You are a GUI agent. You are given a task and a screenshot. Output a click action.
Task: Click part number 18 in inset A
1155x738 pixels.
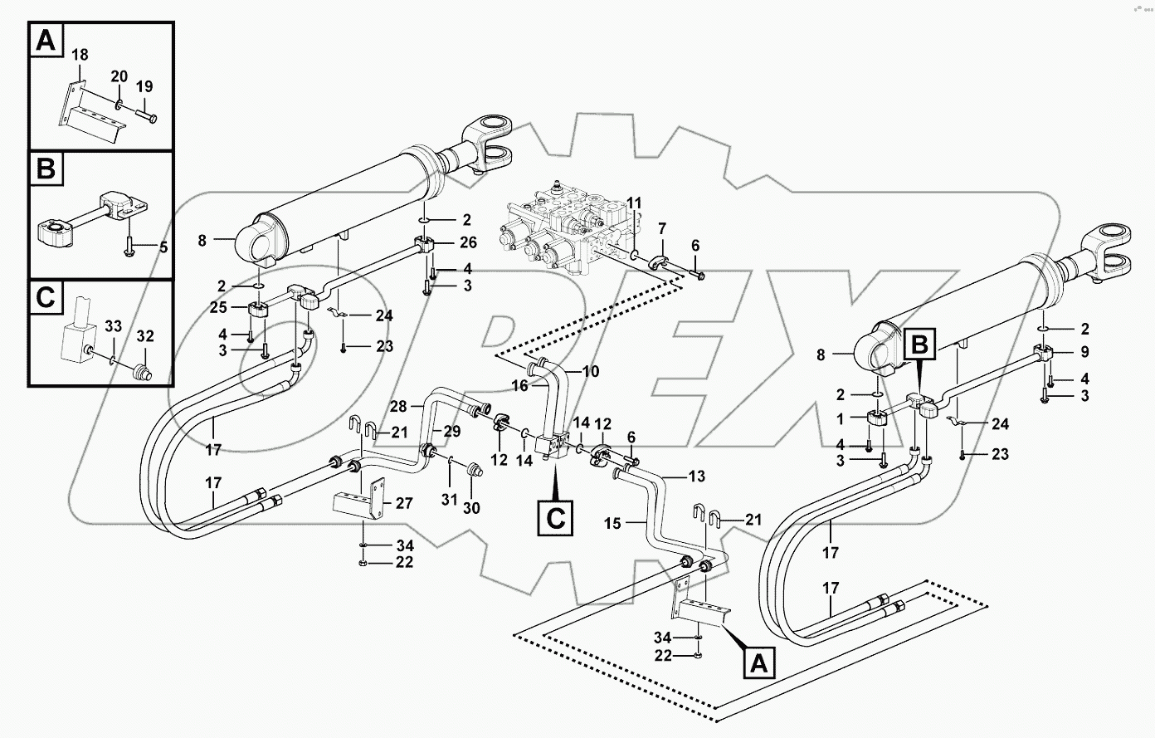click(x=79, y=56)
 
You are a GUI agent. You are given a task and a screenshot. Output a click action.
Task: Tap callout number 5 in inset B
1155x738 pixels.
click(x=163, y=247)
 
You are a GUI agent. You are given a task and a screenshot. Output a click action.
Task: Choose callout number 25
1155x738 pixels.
click(x=218, y=306)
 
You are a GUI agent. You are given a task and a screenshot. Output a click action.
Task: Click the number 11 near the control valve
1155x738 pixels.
click(x=633, y=203)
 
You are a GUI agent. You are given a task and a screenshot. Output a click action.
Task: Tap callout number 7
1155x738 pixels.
click(x=662, y=227)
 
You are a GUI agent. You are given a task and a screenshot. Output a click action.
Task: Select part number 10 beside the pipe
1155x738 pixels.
click(x=590, y=371)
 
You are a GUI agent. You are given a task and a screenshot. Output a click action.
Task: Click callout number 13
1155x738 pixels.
click(x=698, y=476)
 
